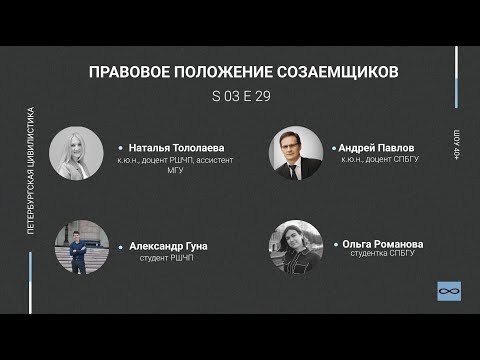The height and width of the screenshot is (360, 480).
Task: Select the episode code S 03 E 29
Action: pos(241,98)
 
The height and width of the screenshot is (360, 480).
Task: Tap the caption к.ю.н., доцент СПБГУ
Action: pos(378,159)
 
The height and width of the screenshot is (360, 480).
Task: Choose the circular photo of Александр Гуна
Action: pos(82,246)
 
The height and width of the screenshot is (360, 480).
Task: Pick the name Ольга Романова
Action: pos(383,243)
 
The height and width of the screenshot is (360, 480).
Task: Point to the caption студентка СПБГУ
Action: pos(382,254)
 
